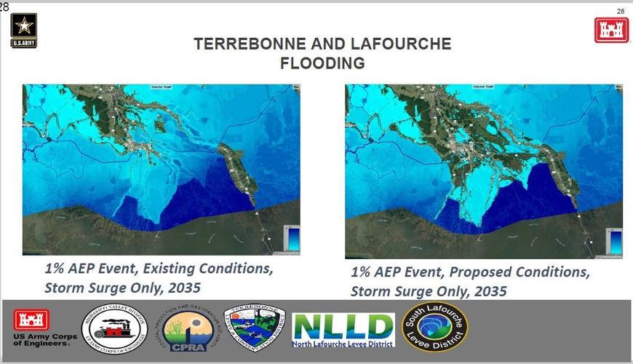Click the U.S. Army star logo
coord(24,30)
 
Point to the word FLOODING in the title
coord(322,63)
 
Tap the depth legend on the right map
coord(615,241)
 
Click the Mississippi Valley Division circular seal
coord(114,330)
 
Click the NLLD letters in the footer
coord(342,325)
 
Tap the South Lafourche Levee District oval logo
coord(435,327)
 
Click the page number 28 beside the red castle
coord(620,12)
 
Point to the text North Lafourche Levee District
coord(343,344)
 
